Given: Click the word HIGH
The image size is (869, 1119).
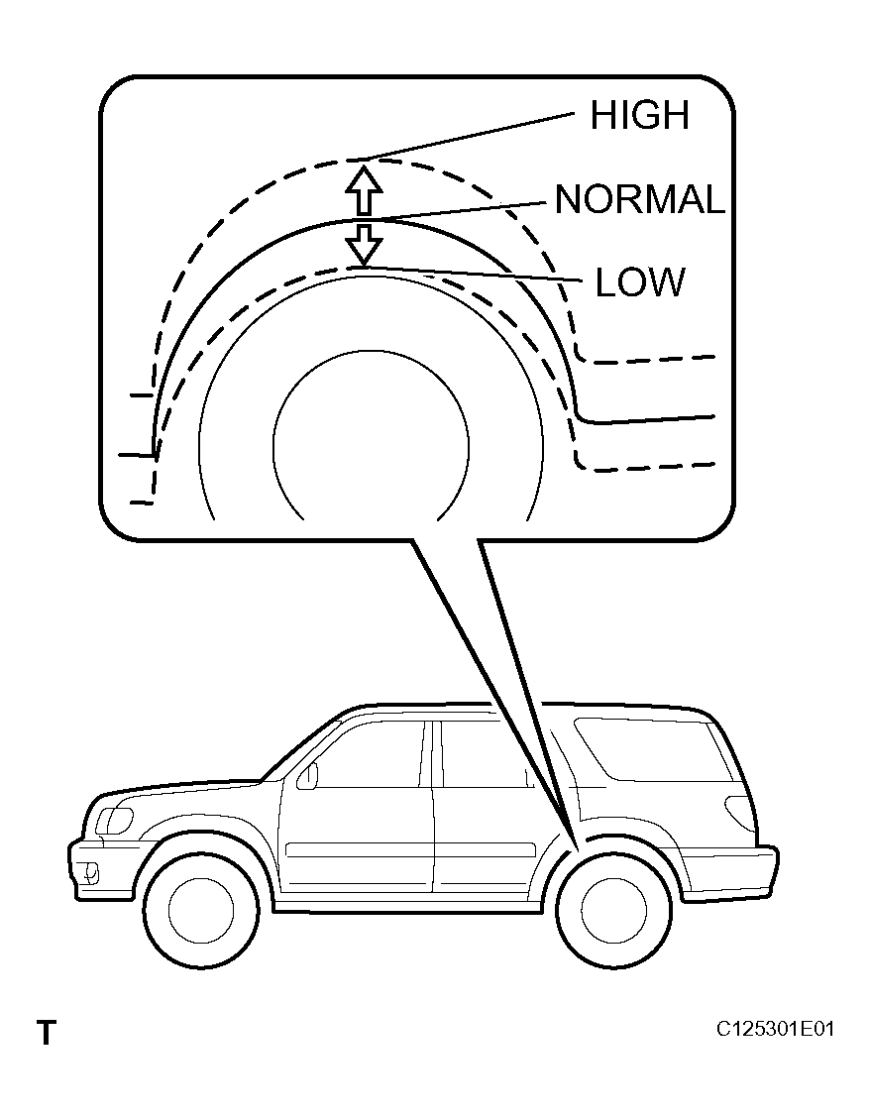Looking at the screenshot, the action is click(x=639, y=115).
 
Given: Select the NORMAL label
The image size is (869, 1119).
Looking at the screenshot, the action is click(x=640, y=199).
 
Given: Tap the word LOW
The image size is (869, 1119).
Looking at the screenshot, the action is click(x=640, y=282).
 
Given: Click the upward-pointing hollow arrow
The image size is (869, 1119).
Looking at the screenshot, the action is click(x=364, y=190).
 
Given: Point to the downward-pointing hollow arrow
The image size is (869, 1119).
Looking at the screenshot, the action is click(x=364, y=244).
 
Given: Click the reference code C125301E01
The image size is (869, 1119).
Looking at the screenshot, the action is click(x=775, y=1029).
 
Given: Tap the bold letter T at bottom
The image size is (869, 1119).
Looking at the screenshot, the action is click(x=47, y=1032).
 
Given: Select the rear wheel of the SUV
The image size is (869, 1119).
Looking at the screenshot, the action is click(x=613, y=909).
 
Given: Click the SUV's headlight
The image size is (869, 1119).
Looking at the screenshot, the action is click(x=114, y=820).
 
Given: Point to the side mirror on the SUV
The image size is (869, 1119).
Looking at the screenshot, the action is click(x=307, y=776).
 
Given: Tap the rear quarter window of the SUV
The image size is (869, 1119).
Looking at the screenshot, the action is click(x=653, y=749).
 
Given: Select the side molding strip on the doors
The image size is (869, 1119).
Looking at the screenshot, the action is click(x=410, y=850).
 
